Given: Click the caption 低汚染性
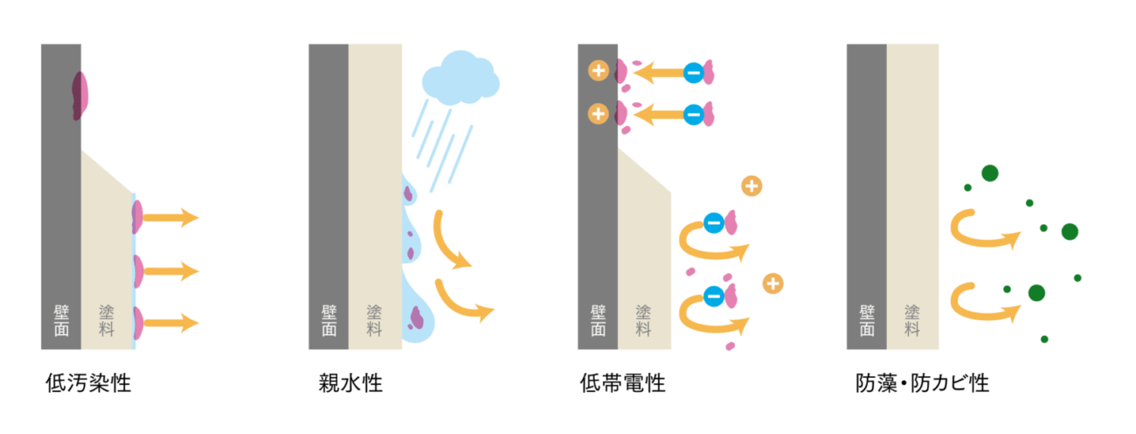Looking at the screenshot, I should pyautogui.click(x=88, y=383).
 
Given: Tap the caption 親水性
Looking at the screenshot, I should pyautogui.click(x=350, y=383).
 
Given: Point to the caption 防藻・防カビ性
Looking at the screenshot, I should pyautogui.click(x=922, y=383).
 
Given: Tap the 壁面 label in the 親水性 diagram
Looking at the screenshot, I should pyautogui.click(x=329, y=320).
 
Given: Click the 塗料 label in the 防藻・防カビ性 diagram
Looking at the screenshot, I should pyautogui.click(x=912, y=320).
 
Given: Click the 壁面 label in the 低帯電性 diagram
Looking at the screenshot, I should pyautogui.click(x=598, y=320).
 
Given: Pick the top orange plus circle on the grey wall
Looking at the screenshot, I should pyautogui.click(x=599, y=71).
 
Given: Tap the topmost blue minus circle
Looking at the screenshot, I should pyautogui.click(x=693, y=73).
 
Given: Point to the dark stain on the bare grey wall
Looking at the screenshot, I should pyautogui.click(x=80, y=94).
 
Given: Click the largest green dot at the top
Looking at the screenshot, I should pyautogui.click(x=989, y=173).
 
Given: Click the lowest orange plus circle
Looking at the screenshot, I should pyautogui.click(x=772, y=283).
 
